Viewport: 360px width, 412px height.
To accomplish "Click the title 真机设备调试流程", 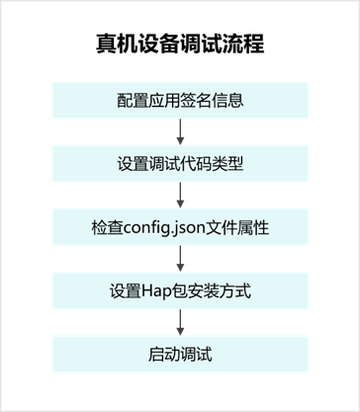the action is click(180, 45).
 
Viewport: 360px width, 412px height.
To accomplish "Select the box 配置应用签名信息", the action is click(180, 100).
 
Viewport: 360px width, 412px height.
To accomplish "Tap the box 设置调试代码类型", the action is click(180, 163).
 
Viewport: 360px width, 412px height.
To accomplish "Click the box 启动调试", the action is click(180, 353).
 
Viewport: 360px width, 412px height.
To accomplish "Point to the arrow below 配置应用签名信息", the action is click(180, 131).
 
